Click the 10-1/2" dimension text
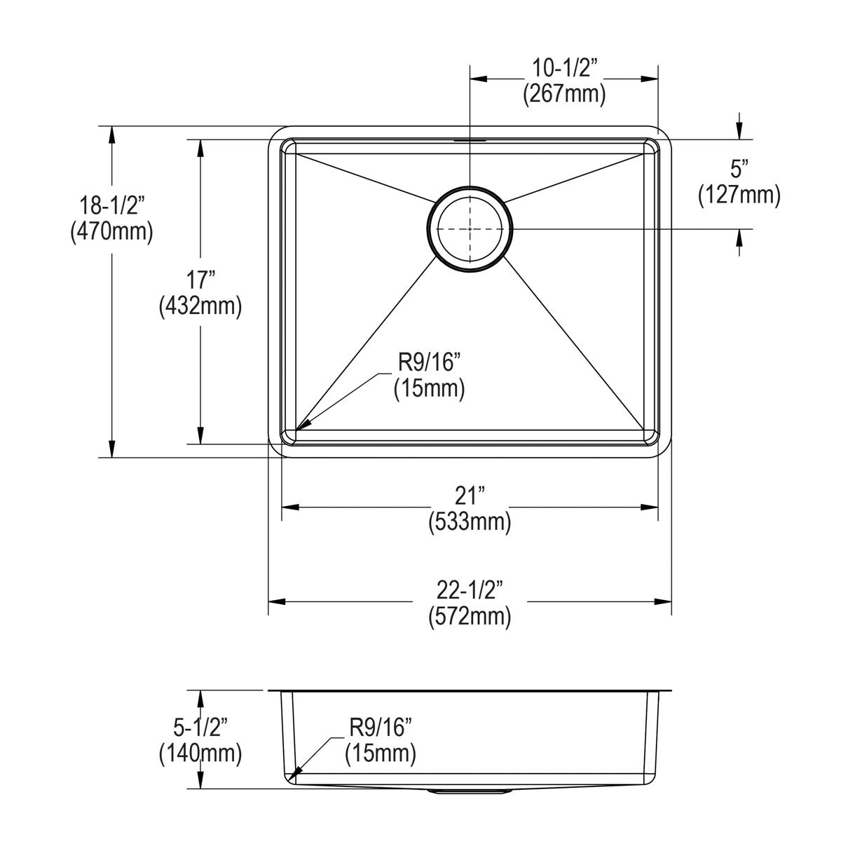(x=564, y=69)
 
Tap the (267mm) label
(x=564, y=95)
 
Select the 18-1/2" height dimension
(x=111, y=205)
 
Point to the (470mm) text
(x=111, y=232)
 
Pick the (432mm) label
(x=200, y=306)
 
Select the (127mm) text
(x=739, y=195)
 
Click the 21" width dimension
(x=470, y=495)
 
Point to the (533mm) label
(x=470, y=522)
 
